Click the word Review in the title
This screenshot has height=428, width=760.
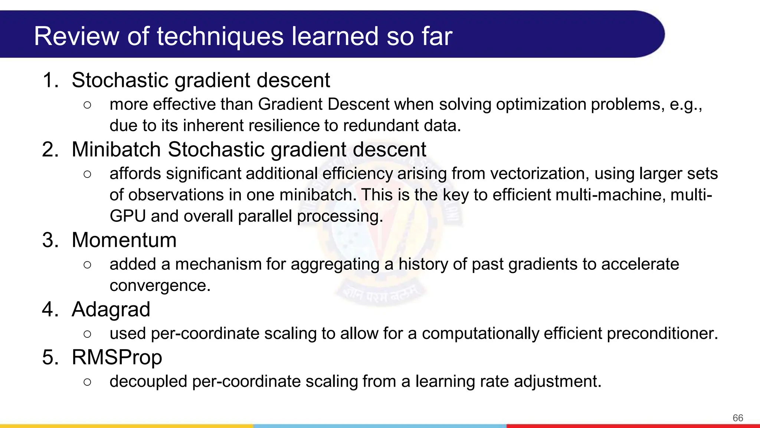click(76, 36)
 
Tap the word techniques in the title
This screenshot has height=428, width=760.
click(220, 36)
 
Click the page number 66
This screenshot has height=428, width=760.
click(738, 418)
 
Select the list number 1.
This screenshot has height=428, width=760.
click(50, 80)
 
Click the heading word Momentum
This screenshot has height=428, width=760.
click(124, 240)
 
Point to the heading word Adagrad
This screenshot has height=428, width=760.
click(111, 309)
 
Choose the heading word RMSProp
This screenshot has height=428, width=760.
click(117, 357)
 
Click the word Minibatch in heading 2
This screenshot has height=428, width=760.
click(116, 150)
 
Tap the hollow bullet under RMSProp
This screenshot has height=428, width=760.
click(87, 382)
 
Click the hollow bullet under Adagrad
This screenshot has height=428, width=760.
click(87, 334)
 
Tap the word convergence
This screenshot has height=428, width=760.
click(160, 286)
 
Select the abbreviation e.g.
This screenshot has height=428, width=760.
click(685, 104)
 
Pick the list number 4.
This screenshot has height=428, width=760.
click(50, 309)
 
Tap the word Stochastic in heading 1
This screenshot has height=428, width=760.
click(120, 80)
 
